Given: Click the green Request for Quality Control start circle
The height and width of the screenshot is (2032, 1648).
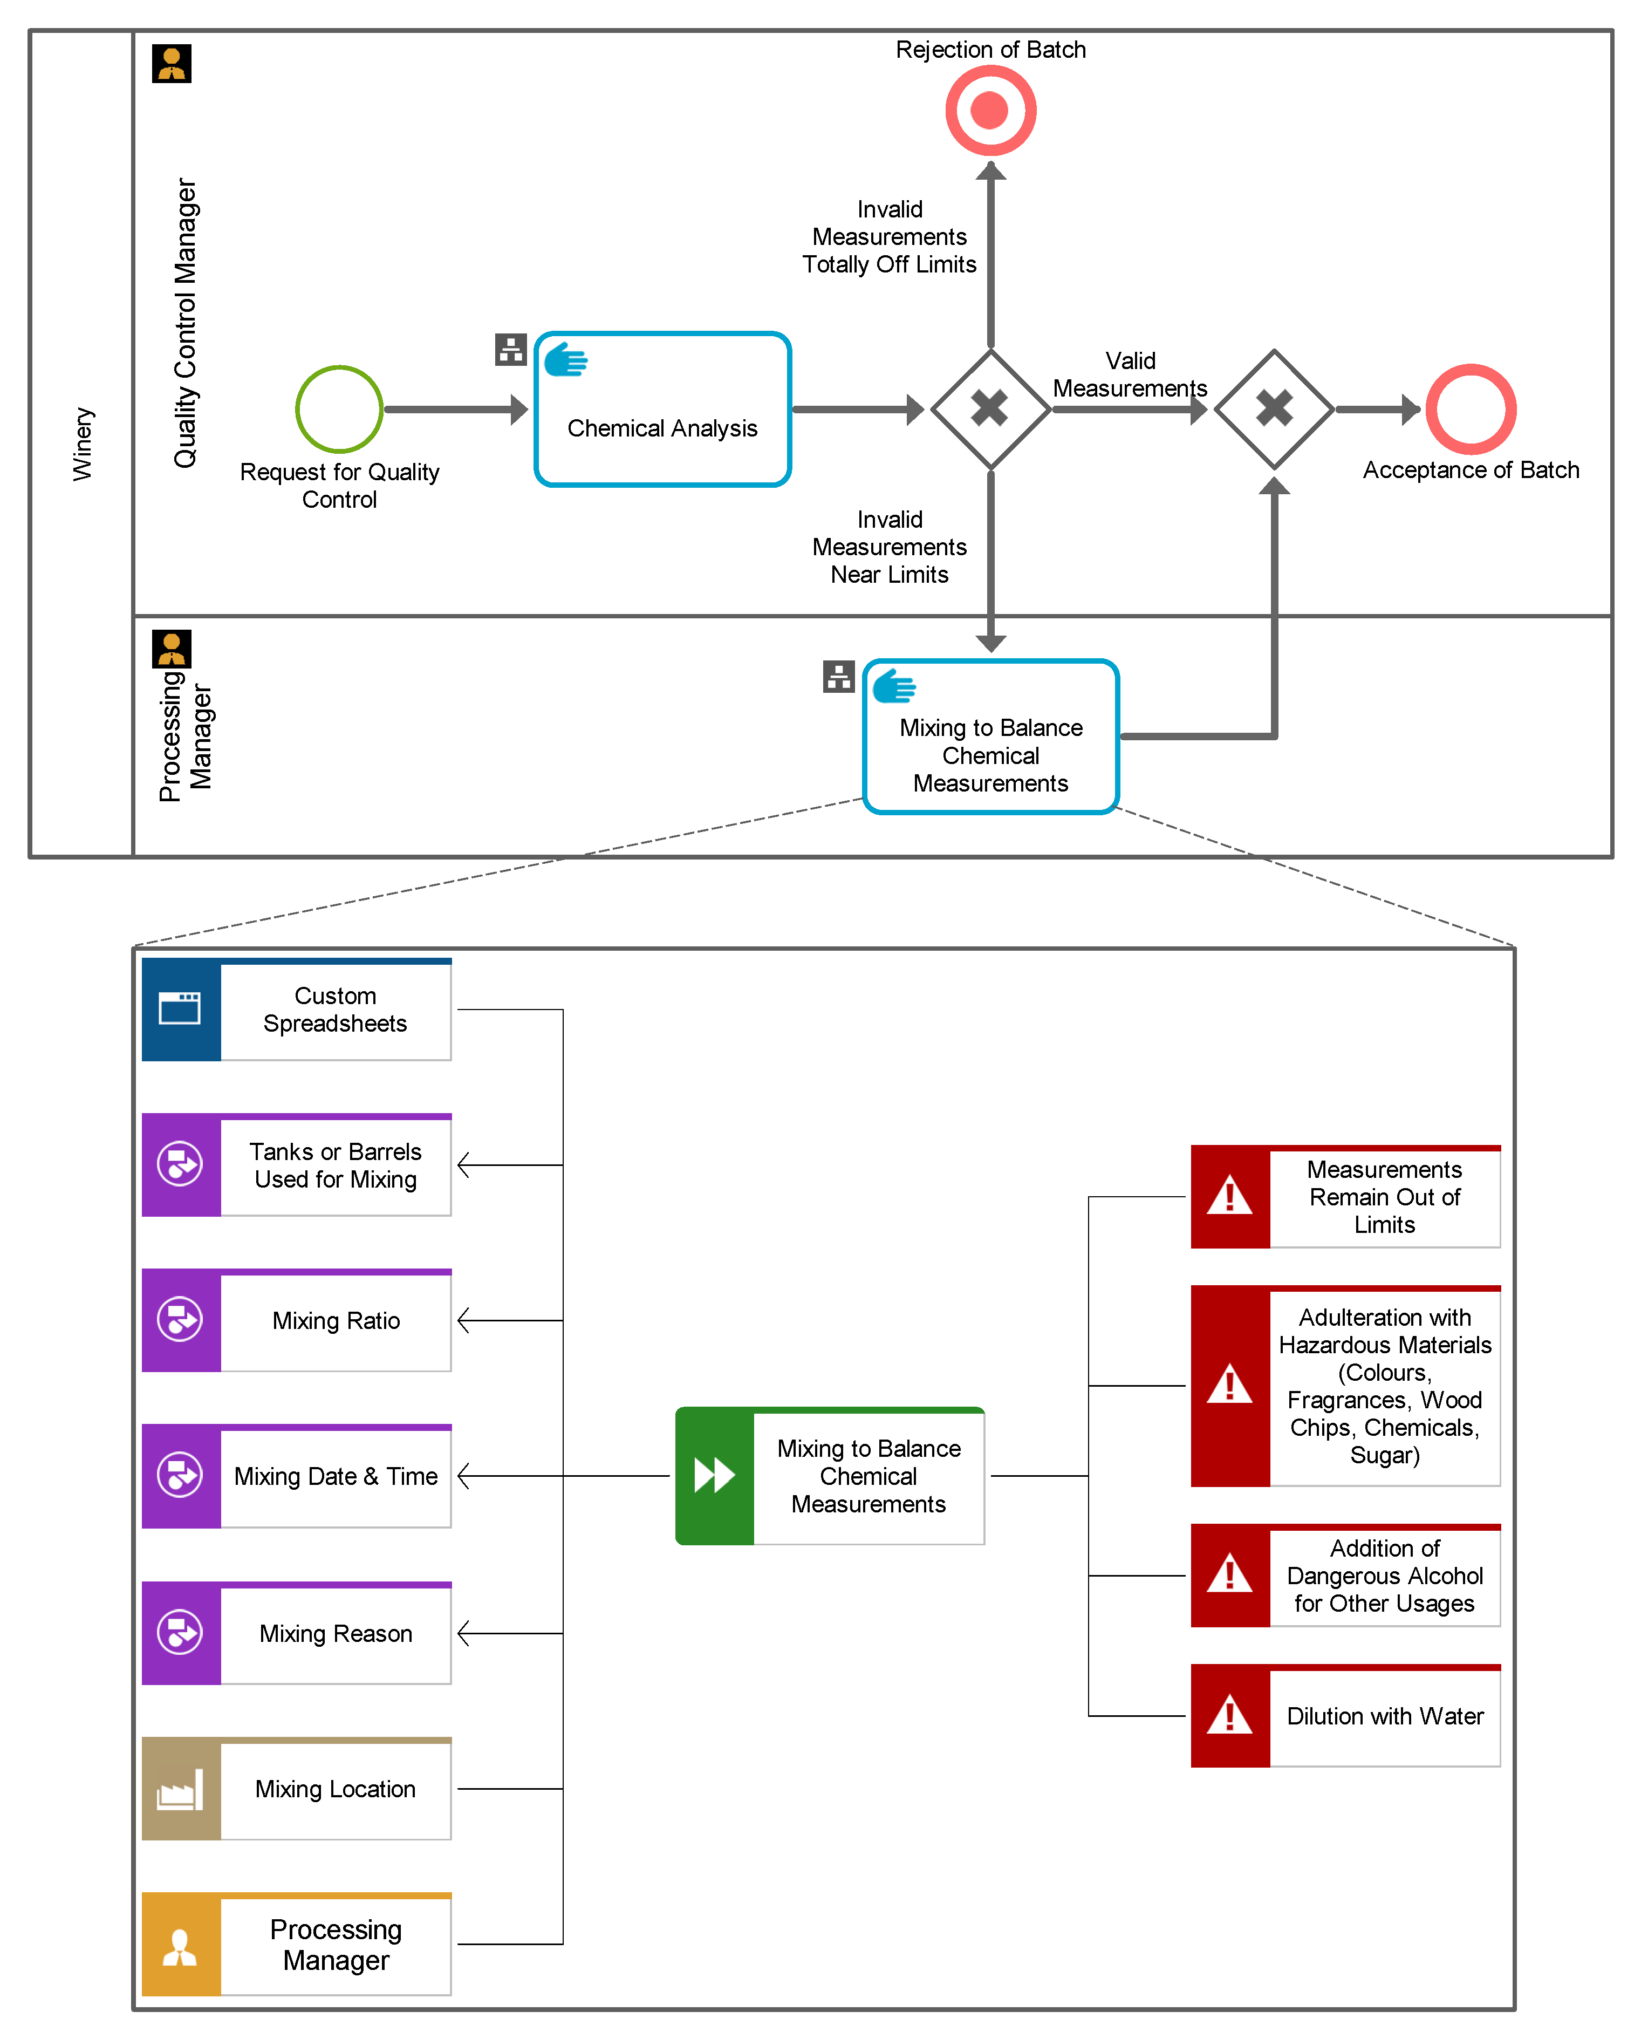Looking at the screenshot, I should click(339, 409).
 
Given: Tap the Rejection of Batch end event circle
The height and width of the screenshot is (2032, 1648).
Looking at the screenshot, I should click(990, 110).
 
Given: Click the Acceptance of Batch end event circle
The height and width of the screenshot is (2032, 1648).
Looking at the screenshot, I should click(1471, 409).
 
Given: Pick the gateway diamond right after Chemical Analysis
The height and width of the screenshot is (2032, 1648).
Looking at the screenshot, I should click(990, 409).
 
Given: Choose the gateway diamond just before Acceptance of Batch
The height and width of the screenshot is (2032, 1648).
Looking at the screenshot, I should click(1274, 409).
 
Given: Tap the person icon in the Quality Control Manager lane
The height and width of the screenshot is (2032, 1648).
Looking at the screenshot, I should click(172, 64).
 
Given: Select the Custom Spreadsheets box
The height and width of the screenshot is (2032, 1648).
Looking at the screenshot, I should click(296, 1010).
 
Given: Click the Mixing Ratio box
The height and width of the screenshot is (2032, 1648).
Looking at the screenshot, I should click(296, 1320).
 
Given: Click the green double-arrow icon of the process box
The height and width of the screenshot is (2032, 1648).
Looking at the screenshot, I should click(714, 1476).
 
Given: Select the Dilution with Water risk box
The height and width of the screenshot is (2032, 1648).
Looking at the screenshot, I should click(1345, 1716).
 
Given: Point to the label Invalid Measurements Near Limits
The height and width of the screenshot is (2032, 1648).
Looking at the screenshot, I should click(890, 547).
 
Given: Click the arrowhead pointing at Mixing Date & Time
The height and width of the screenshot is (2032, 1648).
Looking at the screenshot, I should click(464, 1476).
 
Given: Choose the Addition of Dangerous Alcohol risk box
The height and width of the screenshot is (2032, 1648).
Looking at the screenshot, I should click(1345, 1576).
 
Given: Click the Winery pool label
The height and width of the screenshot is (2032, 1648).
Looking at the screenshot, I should click(83, 444).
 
